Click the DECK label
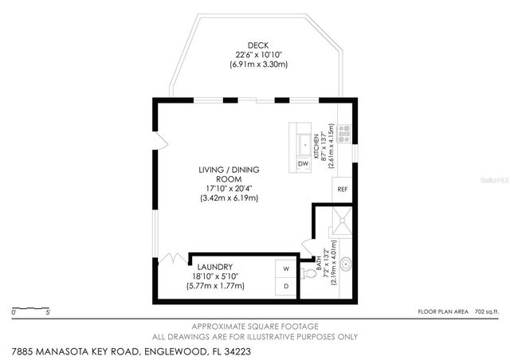pos(257,45)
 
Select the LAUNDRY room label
pos(214,267)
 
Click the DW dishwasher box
pos(303,164)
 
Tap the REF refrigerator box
pos(343,189)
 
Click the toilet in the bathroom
pos(308,271)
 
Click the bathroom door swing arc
pos(306,248)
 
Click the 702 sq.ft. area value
pos(485,312)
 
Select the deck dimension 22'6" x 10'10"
pos(257,54)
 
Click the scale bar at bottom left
pos(31,307)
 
